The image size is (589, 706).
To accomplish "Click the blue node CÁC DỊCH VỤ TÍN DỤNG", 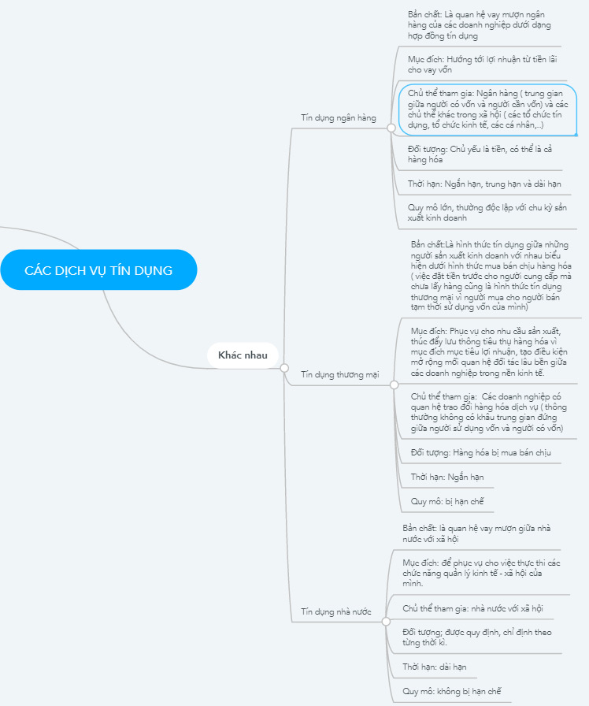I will (98, 270).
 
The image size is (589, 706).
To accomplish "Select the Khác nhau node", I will (243, 355).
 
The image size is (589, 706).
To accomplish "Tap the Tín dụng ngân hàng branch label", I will (339, 117).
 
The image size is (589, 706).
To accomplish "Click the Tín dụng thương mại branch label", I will (340, 374).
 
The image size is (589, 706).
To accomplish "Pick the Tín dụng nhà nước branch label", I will (336, 611).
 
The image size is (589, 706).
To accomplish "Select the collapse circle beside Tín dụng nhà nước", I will (384, 620).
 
